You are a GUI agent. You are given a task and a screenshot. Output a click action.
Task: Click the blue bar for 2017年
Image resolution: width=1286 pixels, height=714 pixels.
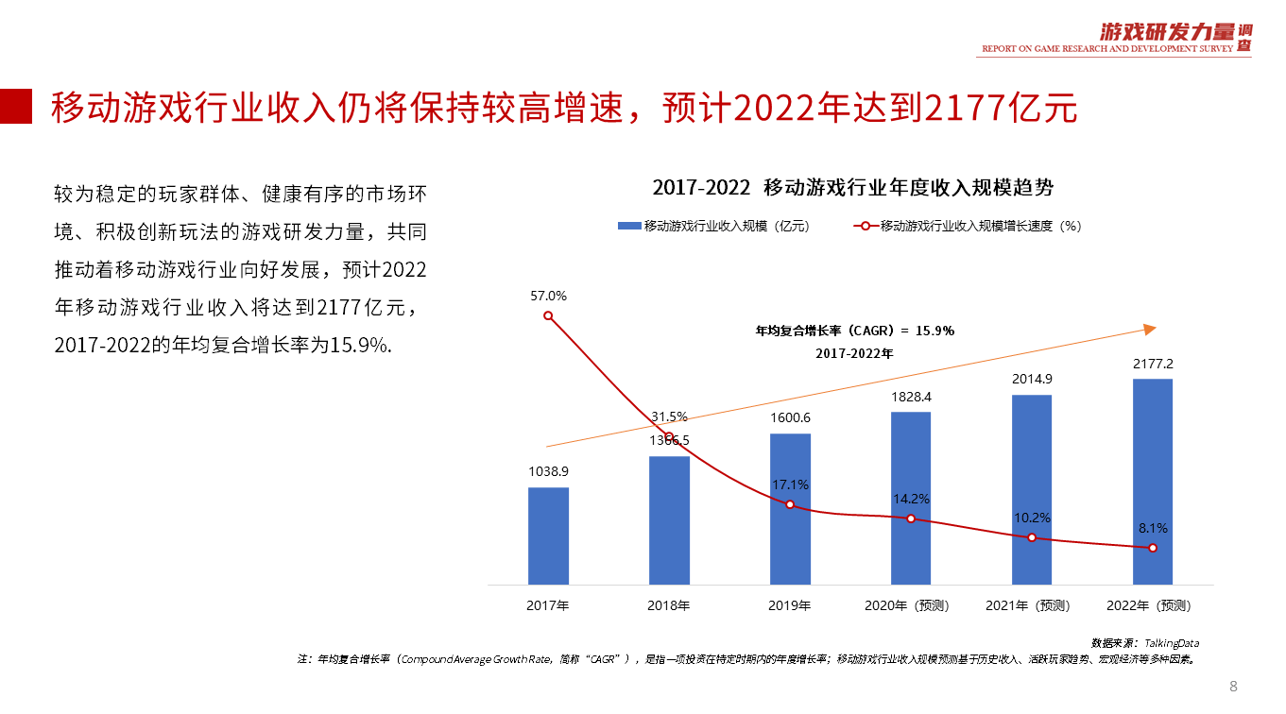click(548, 535)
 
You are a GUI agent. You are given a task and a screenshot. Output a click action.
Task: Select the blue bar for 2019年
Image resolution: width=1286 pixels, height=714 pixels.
click(790, 508)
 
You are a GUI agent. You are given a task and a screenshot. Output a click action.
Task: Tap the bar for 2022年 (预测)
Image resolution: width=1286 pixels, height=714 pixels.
click(1152, 481)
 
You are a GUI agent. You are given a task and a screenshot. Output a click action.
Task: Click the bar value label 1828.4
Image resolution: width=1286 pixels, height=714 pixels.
click(910, 398)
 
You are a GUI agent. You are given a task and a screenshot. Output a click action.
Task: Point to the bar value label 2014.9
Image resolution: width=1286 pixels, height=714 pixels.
click(1031, 380)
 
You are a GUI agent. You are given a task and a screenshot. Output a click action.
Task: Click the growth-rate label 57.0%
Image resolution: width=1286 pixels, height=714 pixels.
click(548, 296)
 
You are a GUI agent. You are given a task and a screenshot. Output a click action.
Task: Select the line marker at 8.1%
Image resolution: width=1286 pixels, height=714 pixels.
click(1153, 548)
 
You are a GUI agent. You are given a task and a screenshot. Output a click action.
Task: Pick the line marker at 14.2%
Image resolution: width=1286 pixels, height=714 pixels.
click(911, 518)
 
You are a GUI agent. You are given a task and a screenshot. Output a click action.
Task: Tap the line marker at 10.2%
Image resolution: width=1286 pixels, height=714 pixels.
click(1032, 537)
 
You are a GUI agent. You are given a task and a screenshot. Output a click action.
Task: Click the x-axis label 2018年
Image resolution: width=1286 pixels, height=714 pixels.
click(669, 605)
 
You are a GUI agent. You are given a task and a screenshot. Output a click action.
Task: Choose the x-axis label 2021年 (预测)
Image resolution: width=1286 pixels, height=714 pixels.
click(1031, 605)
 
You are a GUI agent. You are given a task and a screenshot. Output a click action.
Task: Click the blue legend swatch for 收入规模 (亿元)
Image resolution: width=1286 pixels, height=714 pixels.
click(629, 227)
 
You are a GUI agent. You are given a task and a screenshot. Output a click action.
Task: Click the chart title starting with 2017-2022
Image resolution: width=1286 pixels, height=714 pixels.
click(852, 187)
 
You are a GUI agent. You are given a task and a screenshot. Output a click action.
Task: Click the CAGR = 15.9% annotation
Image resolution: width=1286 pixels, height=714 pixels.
click(854, 331)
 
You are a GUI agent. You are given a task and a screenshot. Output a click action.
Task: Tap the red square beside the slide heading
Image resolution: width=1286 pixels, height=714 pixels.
click(16, 107)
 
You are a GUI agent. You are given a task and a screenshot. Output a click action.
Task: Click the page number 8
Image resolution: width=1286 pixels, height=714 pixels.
click(1233, 686)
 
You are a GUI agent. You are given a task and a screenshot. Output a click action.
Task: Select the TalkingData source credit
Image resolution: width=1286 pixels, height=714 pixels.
click(1144, 642)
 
